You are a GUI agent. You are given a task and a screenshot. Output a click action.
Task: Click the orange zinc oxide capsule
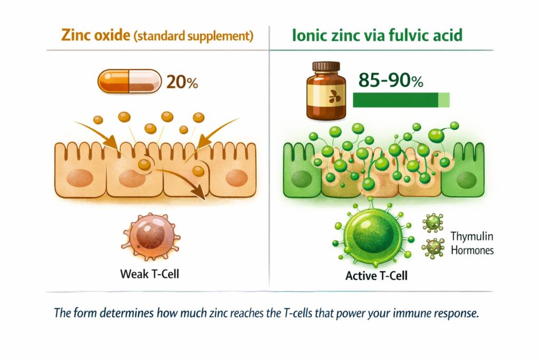130,81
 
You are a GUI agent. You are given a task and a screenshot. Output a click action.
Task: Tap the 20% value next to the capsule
182,82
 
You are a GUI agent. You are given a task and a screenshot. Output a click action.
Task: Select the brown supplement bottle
326,91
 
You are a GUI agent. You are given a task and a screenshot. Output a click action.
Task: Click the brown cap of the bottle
326,66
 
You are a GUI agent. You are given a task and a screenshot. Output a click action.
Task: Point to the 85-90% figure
391,80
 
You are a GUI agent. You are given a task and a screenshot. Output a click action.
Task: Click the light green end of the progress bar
444,100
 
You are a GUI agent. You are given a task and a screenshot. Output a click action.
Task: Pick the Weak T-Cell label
150,274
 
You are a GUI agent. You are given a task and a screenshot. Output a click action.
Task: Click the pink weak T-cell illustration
151,237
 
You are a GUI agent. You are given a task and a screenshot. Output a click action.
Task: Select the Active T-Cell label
377,276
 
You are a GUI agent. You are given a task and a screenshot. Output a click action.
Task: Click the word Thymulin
472,237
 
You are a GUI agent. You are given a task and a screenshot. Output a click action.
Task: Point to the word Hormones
472,250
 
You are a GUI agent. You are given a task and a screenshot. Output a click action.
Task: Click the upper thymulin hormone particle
433,222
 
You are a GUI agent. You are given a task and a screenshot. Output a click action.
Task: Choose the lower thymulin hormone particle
433,248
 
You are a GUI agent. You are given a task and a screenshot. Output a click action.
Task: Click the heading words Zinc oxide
96,35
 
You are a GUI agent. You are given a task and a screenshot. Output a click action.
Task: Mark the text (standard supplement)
194,36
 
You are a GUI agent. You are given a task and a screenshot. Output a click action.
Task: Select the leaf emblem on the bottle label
334,96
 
